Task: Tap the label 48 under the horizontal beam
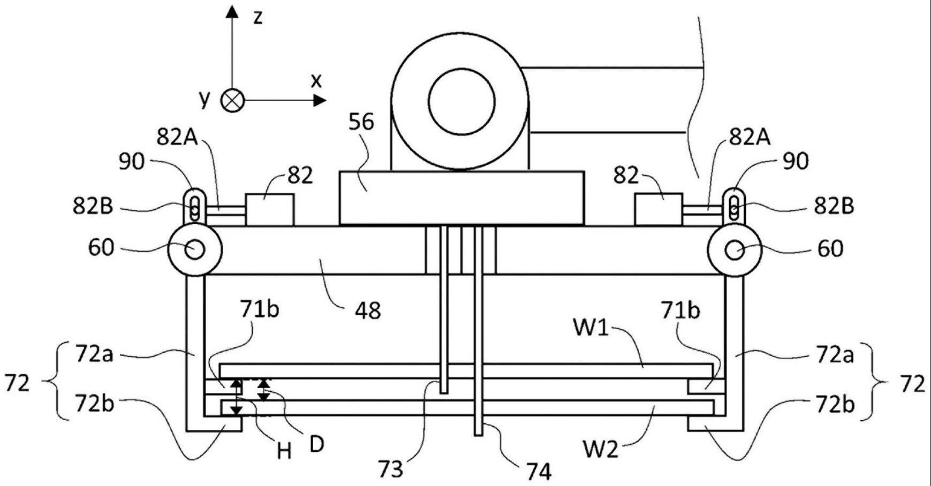pyautogui.click(x=367, y=310)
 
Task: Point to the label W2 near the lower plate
pyautogui.click(x=600, y=449)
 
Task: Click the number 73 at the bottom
pyautogui.click(x=390, y=469)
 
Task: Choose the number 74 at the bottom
pyautogui.click(x=538, y=472)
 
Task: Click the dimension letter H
pyautogui.click(x=284, y=452)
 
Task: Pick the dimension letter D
pyautogui.click(x=316, y=444)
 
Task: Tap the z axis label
pyautogui.click(x=258, y=17)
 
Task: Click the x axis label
pyautogui.click(x=316, y=80)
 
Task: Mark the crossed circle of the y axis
pyautogui.click(x=232, y=100)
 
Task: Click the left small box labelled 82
pyautogui.click(x=269, y=209)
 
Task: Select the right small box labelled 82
pyautogui.click(x=658, y=209)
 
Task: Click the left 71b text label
pyautogui.click(x=259, y=310)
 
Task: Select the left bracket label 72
pyautogui.click(x=17, y=383)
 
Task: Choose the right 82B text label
pyautogui.click(x=833, y=206)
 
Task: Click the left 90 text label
pyautogui.click(x=132, y=161)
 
